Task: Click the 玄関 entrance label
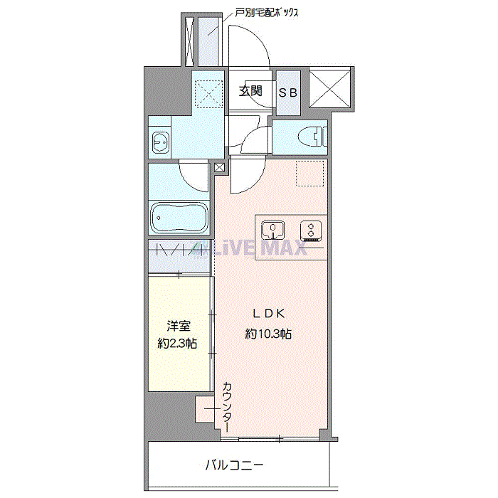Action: [x=250, y=91]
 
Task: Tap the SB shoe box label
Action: [x=287, y=92]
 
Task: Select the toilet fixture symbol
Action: [x=312, y=137]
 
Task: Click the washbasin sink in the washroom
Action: [x=160, y=142]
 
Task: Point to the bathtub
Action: [x=179, y=218]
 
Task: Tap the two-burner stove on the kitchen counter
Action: [x=311, y=230]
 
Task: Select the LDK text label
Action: [x=269, y=314]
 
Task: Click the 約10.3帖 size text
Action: [x=268, y=334]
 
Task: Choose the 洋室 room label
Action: [x=179, y=326]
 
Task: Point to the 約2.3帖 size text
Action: [x=177, y=344]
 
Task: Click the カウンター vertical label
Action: [x=227, y=407]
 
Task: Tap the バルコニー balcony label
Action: [x=234, y=465]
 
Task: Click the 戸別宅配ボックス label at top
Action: [x=267, y=13]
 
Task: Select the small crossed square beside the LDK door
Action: [x=219, y=167]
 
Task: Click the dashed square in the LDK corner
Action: [x=309, y=173]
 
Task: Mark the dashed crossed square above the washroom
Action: [x=208, y=94]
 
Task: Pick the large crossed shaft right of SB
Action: [x=329, y=88]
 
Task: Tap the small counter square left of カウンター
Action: [x=205, y=409]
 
